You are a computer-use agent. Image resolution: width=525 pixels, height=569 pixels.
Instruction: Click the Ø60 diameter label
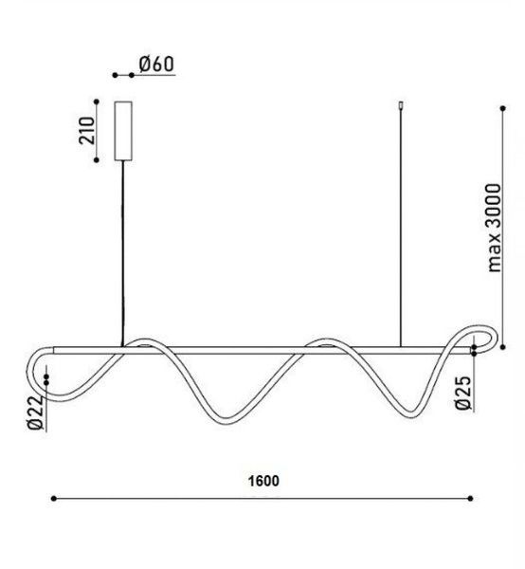[156, 64]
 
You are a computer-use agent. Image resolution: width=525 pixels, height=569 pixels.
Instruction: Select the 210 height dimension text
[86, 130]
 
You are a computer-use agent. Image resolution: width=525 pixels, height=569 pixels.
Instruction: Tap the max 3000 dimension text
[494, 228]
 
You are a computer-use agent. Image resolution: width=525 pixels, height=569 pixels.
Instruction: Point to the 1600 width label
[263, 481]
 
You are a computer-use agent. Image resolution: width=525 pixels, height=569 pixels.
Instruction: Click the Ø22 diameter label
[35, 413]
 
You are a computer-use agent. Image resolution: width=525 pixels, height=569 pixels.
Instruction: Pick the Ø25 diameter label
[463, 393]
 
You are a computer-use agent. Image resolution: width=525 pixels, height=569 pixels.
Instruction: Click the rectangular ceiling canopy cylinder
[123, 131]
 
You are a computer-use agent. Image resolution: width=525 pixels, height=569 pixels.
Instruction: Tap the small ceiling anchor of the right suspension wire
[401, 105]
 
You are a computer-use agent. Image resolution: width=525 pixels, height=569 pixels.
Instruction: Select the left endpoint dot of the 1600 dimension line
[54, 499]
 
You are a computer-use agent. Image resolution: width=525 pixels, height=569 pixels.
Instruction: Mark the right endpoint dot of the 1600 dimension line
[470, 499]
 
